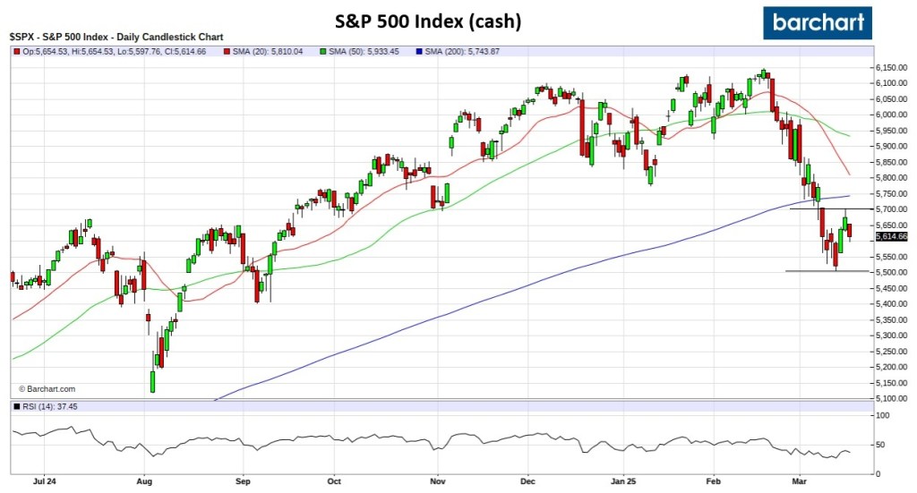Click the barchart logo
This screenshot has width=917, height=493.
coord(817,21)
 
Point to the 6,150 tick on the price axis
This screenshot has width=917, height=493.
coord(889,68)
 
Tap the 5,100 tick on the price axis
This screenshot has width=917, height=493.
coord(889,398)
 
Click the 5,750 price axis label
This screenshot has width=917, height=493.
coord(889,193)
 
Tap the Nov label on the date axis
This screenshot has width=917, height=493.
coord(436,480)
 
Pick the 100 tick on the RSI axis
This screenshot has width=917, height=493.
coord(883,416)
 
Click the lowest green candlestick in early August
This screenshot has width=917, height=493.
coord(152,382)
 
